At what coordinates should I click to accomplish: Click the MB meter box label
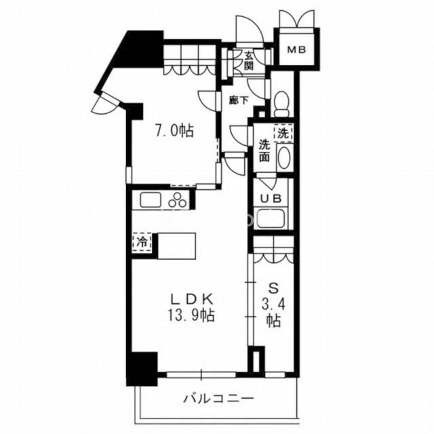click(296, 50)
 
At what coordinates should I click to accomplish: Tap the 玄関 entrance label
click(249, 61)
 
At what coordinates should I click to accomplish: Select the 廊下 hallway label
click(239, 100)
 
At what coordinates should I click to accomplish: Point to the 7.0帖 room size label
click(174, 131)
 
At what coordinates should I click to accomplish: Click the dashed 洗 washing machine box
click(283, 134)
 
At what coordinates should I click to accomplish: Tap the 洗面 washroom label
click(264, 151)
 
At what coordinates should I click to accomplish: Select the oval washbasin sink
click(283, 157)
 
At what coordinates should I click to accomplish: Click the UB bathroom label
click(271, 198)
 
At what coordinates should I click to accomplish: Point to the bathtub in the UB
click(270, 218)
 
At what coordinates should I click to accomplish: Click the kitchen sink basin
click(151, 199)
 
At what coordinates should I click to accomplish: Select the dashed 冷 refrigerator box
click(142, 243)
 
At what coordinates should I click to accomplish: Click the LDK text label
click(192, 299)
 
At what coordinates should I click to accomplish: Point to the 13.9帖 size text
click(191, 315)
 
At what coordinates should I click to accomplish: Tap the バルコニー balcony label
click(218, 399)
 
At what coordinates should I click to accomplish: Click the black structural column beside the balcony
click(142, 369)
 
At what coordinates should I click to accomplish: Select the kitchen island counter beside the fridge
click(176, 246)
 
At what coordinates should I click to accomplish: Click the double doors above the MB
click(297, 19)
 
